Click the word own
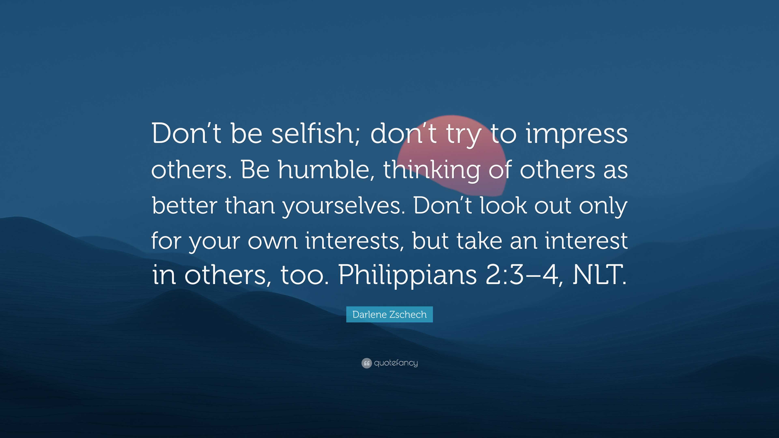(x=272, y=241)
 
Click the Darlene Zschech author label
(x=389, y=314)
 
